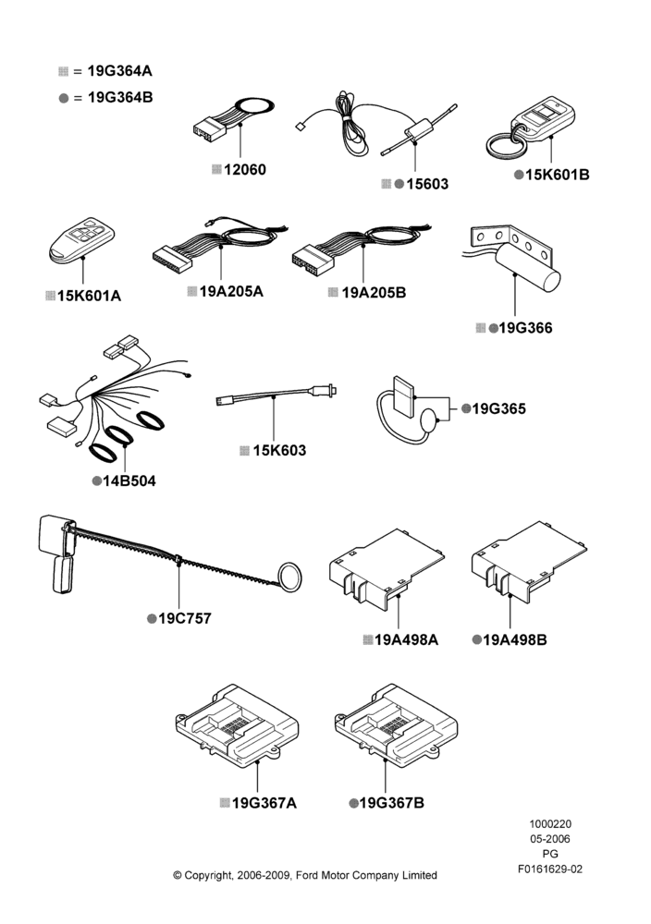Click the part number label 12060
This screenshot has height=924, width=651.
click(245, 170)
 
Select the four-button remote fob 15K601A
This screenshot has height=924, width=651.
click(81, 240)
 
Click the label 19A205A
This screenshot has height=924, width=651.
click(231, 291)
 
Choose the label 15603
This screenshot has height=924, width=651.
click(427, 185)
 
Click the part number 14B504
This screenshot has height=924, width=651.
click(129, 480)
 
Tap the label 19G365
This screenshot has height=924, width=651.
click(498, 408)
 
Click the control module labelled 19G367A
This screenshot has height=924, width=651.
click(237, 725)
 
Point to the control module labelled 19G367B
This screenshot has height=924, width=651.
click(397, 725)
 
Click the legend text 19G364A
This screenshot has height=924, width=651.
click(119, 71)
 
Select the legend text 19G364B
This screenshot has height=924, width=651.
click(120, 97)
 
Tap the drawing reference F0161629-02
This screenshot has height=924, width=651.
click(550, 869)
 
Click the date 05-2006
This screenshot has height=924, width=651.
click(550, 839)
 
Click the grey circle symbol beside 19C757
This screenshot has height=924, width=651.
click(152, 619)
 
